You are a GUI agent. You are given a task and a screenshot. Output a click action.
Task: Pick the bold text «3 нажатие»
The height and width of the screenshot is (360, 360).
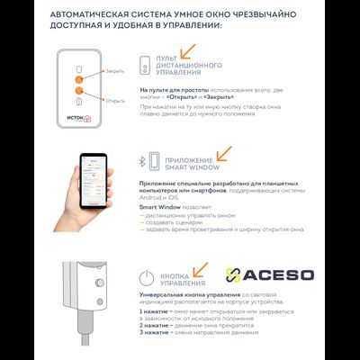point(154,334)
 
